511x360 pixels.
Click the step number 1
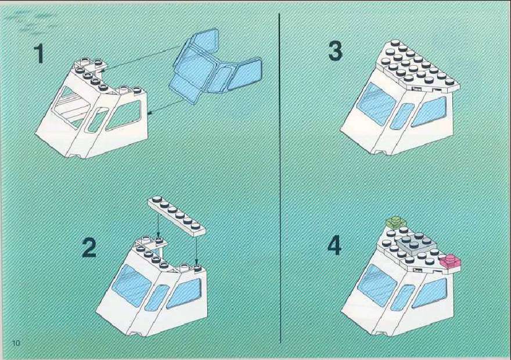pyautogui.click(x=39, y=54)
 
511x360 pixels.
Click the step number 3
pyautogui.click(x=336, y=52)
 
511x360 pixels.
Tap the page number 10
pyautogui.click(x=16, y=343)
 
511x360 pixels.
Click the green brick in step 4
pyautogui.click(x=395, y=222)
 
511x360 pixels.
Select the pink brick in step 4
pyautogui.click(x=451, y=261)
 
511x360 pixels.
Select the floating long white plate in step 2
pyautogui.click(x=177, y=215)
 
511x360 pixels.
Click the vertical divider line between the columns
pyautogui.click(x=280, y=178)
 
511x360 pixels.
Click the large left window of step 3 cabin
pyautogui.click(x=377, y=103)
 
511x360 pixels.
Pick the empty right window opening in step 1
pyautogui.click(x=124, y=115)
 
